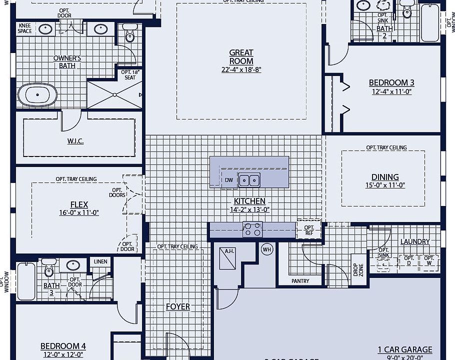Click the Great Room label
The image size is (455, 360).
241,56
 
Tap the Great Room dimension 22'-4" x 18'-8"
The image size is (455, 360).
241,70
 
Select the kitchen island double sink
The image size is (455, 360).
249,179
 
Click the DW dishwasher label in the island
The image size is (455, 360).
229,180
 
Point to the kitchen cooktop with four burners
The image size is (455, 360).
252,229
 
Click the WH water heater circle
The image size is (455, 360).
267,249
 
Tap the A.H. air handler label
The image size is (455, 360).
229,251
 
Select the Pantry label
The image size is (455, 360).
300,281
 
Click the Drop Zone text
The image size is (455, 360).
358,270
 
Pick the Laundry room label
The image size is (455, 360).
414,241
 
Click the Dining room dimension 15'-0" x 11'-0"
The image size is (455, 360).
384,185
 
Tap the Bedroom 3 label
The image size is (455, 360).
391,83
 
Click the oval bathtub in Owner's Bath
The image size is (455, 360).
37,95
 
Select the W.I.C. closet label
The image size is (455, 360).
75,141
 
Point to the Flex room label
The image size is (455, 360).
79,204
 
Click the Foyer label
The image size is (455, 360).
178,306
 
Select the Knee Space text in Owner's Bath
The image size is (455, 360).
24,28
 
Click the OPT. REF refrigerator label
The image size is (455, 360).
309,230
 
